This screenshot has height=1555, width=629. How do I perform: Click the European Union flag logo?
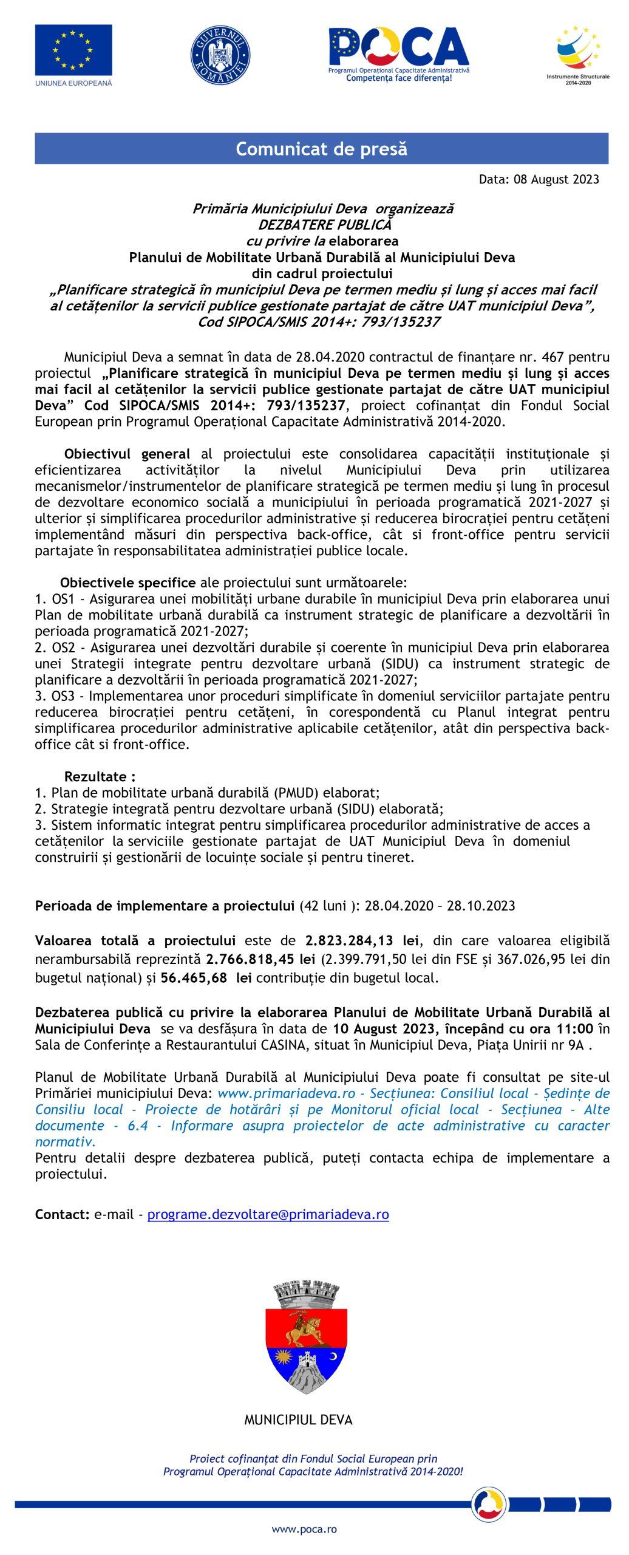73,49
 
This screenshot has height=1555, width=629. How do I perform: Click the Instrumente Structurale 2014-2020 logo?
578,55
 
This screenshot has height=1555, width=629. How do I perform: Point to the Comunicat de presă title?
321,149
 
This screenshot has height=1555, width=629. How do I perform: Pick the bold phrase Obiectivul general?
127,454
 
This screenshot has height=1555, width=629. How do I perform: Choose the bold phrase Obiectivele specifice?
127,583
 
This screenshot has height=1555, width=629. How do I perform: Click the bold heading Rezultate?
100,776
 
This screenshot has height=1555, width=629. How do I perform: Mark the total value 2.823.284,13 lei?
362,941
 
